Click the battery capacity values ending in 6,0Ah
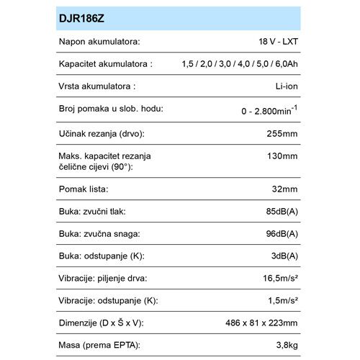[240, 66]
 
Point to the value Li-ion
[286, 87]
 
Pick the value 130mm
[283, 156]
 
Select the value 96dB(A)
[280, 234]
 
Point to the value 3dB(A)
[283, 256]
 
